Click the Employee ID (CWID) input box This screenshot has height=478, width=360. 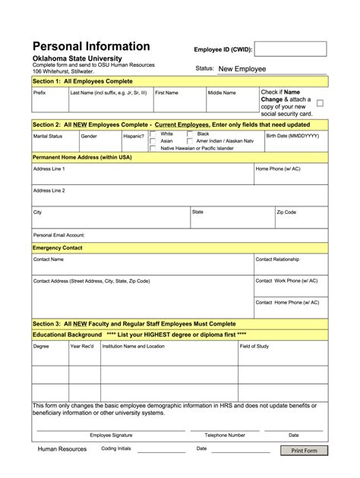click(x=290, y=49)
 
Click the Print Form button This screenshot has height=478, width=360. click(x=304, y=451)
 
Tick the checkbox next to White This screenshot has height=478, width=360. click(x=153, y=134)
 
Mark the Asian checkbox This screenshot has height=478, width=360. click(x=153, y=141)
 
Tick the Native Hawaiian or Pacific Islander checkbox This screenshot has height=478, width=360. click(x=153, y=149)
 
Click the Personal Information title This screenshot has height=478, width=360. click(x=90, y=46)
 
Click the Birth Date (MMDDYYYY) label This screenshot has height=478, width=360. click(x=292, y=136)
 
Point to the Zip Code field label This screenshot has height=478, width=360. click(x=286, y=212)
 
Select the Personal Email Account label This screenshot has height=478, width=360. click(x=58, y=235)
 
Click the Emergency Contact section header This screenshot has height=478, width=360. click(x=57, y=248)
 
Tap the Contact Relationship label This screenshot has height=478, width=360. click(x=277, y=259)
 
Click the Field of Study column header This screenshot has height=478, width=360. click(x=254, y=346)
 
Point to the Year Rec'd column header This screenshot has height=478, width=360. click(x=82, y=346)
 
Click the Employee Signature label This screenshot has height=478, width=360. click(x=111, y=436)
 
